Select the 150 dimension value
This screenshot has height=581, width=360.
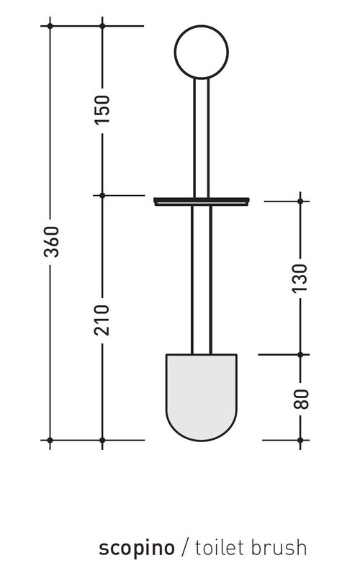point(102,109)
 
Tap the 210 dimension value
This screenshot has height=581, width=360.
point(102,319)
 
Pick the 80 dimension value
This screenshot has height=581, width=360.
point(300,397)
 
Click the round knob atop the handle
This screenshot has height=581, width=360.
point(202,51)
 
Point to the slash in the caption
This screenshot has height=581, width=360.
point(184,548)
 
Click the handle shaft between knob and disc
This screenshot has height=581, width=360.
point(202,137)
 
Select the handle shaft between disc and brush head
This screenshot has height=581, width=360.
point(202,281)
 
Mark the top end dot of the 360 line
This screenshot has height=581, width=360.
point(50,26)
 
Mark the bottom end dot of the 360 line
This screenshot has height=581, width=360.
point(50,439)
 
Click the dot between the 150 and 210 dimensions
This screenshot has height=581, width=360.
point(102,195)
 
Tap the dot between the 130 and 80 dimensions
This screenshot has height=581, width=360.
point(300,354)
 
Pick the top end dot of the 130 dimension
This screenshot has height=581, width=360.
point(300,202)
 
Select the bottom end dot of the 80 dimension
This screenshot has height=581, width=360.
point(300,439)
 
